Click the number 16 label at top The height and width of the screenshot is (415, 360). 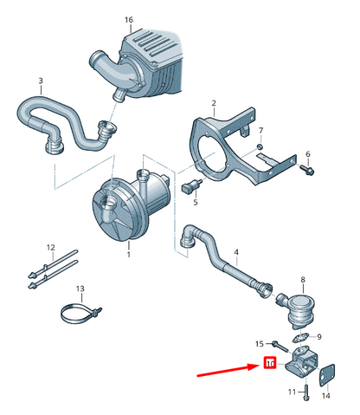tap(129, 20)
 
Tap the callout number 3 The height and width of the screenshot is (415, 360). tap(41, 81)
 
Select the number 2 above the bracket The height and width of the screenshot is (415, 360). tap(214, 103)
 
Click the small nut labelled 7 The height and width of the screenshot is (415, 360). tap(260, 146)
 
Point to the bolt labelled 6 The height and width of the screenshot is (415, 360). tap(307, 170)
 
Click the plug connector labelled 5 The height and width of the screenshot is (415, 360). tap(190, 185)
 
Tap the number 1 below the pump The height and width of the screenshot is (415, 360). tap(129, 255)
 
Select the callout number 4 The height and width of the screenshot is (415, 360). tap(236, 252)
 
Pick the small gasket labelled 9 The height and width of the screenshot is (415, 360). tap(300, 338)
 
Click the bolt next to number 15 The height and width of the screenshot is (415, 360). tap(280, 346)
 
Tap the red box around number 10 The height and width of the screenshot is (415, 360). tap(270, 363)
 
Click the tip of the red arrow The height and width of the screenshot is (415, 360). tap(259, 366)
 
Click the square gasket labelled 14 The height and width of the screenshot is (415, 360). tap(326, 375)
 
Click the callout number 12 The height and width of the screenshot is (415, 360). tap(51, 248)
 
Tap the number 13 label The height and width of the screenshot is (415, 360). tap(80, 289)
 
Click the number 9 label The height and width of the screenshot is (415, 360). tap(319, 337)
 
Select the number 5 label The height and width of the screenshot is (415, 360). tap(196, 202)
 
